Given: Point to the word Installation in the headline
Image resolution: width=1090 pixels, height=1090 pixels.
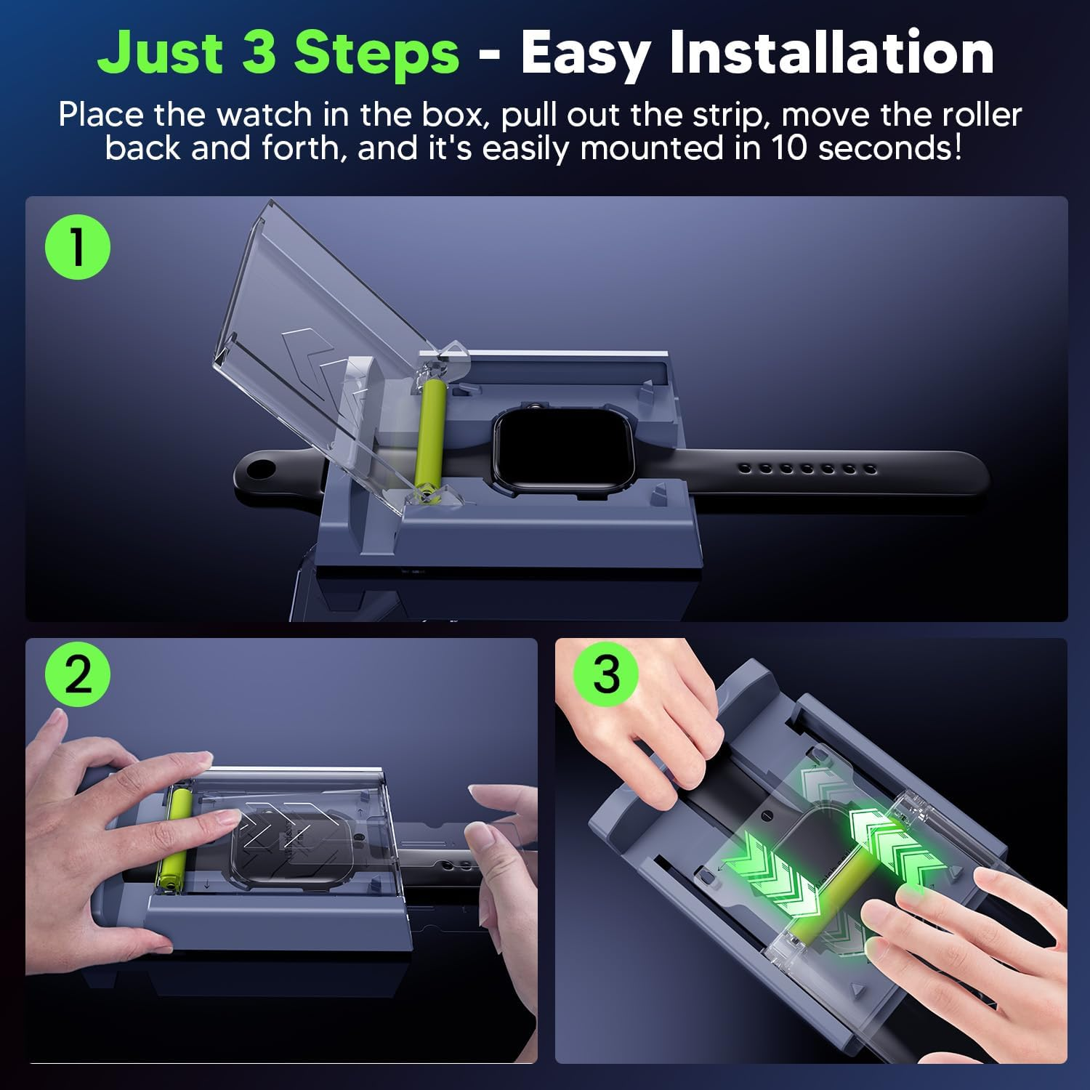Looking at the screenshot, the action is pos(831,52).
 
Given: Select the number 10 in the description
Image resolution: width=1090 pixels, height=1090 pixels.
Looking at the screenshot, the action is pos(792,148).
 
